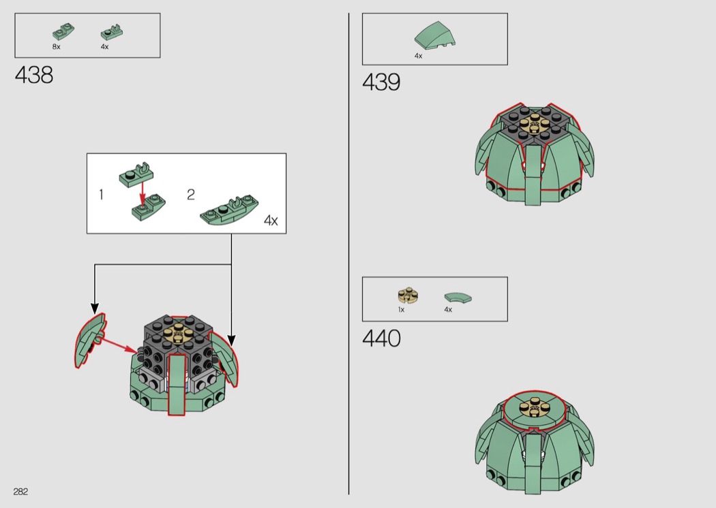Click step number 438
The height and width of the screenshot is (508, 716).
click(34, 75)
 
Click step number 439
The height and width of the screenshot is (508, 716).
click(381, 82)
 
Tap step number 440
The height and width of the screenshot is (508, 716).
click(381, 338)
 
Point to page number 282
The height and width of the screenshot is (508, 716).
click(20, 491)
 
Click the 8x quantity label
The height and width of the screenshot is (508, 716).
click(56, 46)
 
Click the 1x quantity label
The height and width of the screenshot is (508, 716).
click(402, 310)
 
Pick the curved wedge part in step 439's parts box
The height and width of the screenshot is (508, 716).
click(435, 35)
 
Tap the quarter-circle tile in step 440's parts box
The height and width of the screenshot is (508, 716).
click(458, 297)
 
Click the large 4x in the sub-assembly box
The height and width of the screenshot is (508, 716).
click(271, 221)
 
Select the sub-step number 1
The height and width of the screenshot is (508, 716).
click(101, 195)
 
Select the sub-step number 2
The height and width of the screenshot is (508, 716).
click(191, 195)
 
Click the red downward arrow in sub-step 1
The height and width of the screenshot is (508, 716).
click(143, 193)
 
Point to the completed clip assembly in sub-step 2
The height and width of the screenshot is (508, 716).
click(229, 210)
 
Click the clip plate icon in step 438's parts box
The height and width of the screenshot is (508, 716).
click(112, 33)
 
